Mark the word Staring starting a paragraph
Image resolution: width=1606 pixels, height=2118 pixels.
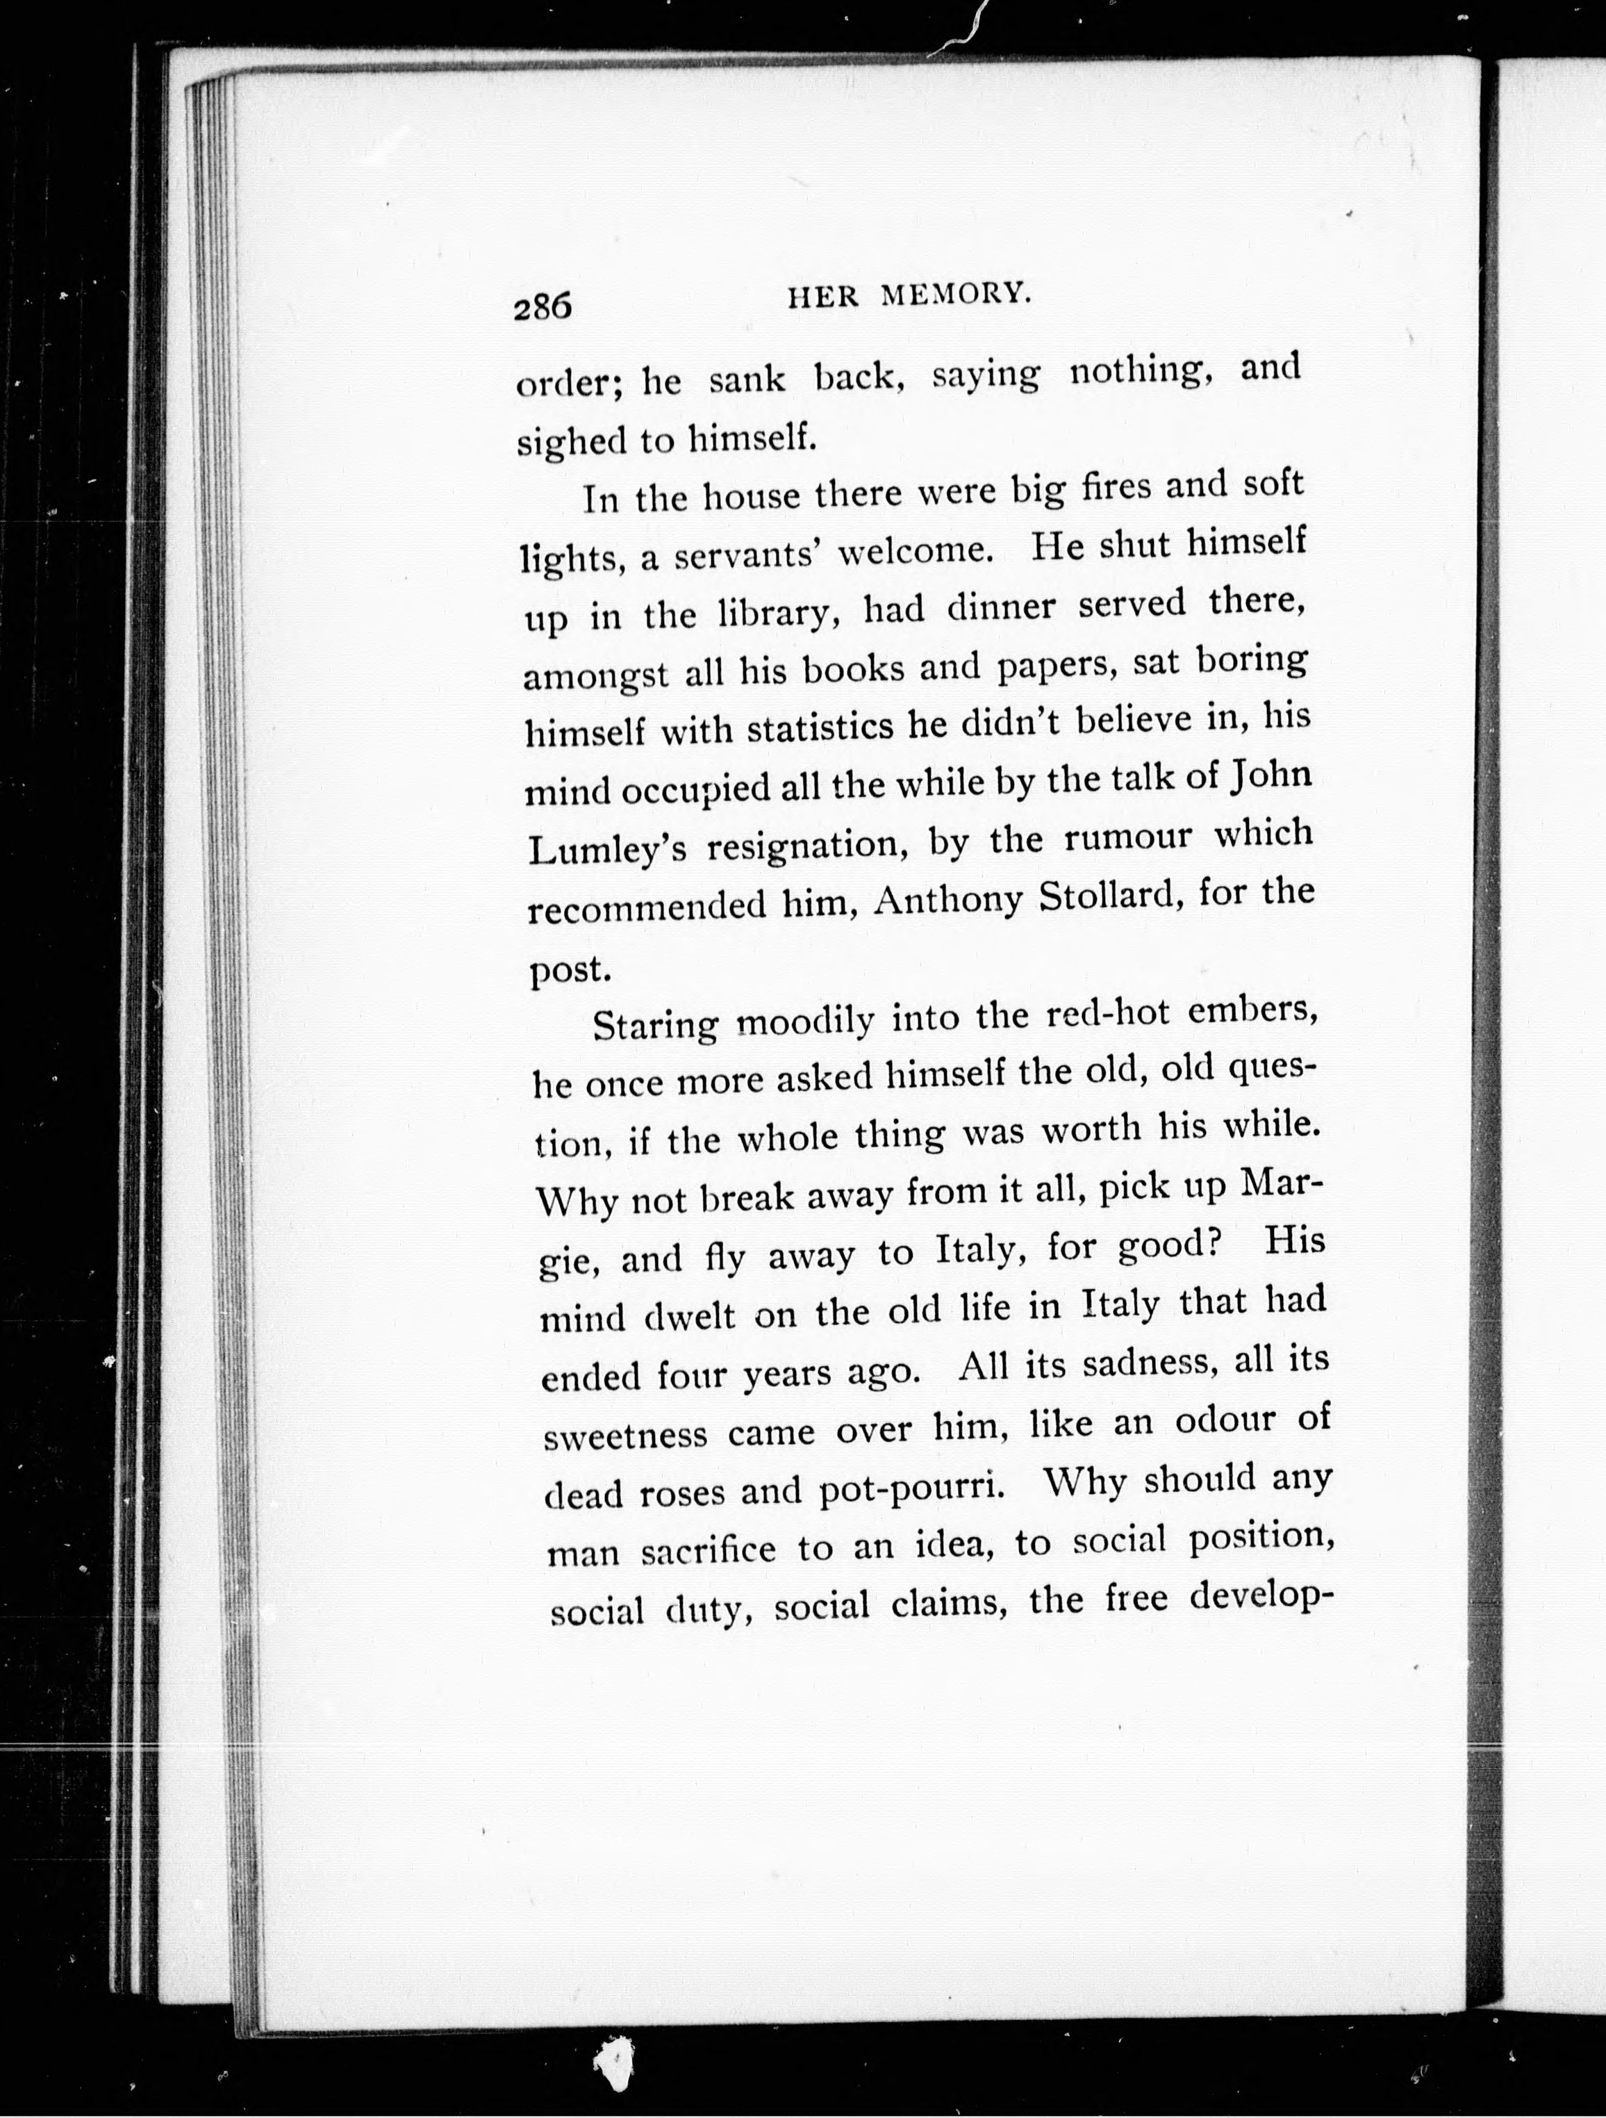[654, 1026]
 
